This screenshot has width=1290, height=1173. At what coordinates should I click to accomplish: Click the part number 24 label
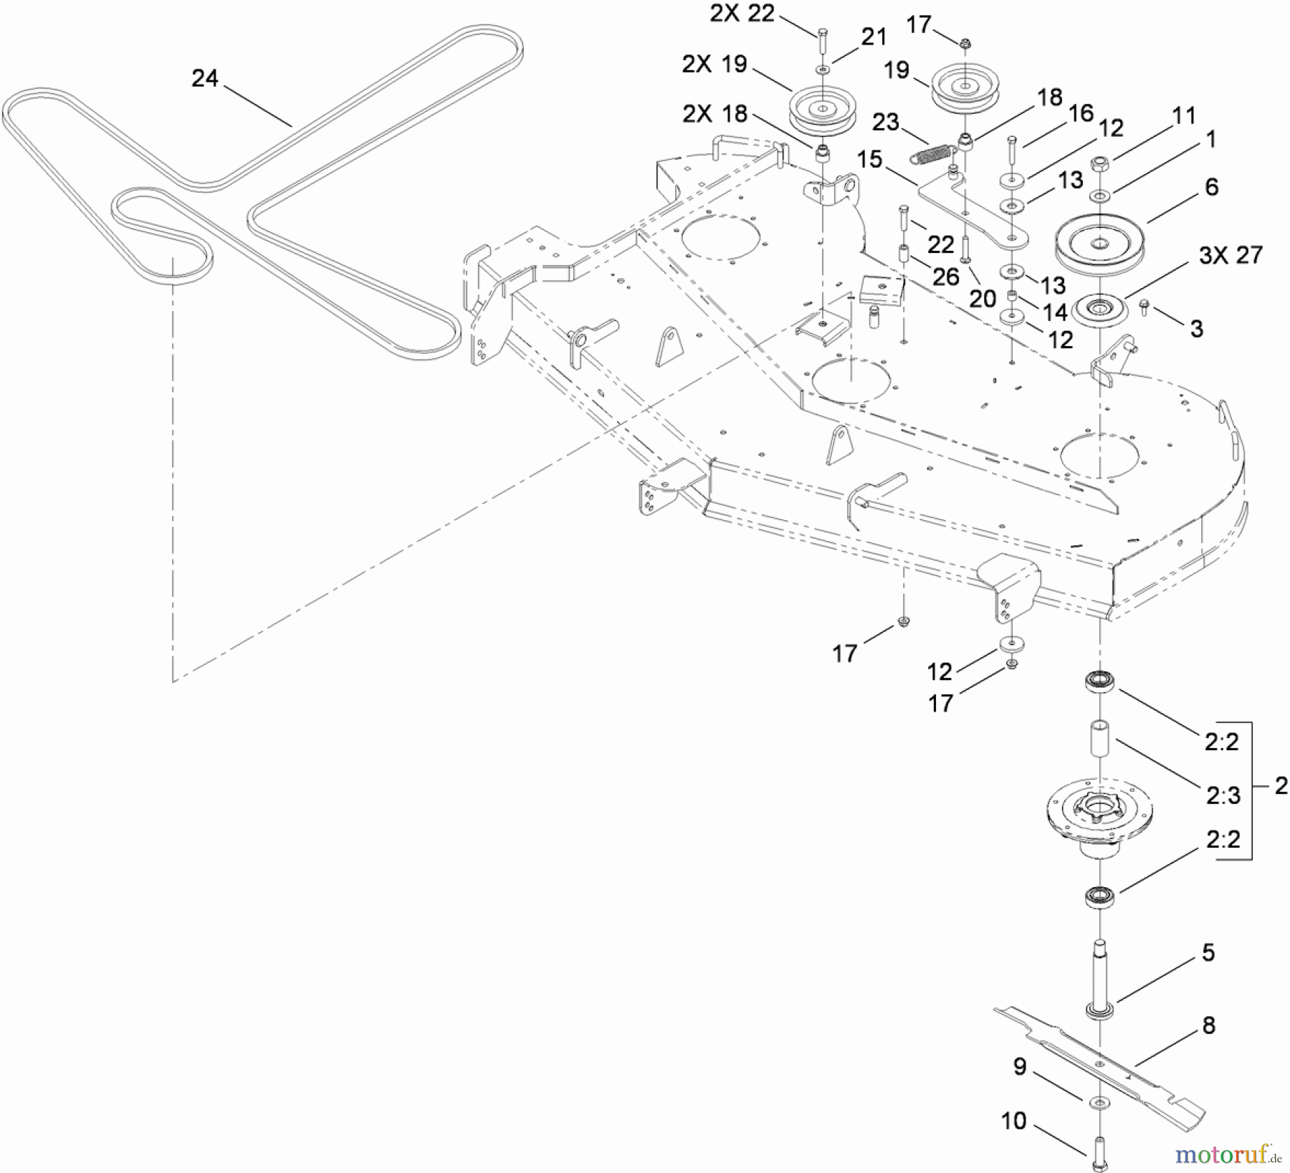205,78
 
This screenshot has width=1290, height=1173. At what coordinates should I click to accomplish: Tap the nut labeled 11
1101,164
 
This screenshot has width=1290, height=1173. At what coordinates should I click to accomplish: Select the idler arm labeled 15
975,219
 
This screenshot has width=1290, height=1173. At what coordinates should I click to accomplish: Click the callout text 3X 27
1231,255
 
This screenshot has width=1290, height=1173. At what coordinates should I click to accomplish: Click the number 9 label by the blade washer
1020,1067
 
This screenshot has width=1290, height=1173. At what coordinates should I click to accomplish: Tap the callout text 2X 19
714,64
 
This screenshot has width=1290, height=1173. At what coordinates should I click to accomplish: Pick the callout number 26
945,276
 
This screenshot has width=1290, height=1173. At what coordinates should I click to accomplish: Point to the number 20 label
983,299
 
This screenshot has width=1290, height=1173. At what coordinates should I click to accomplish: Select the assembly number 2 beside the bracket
1281,786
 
